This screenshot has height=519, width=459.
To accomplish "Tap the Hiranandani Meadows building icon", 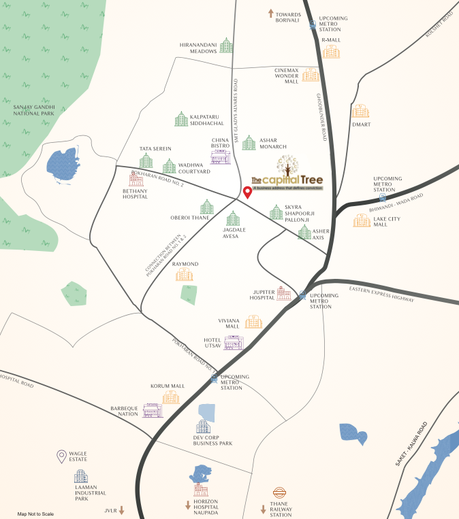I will [226, 46].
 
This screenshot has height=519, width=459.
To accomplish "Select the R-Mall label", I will [331, 40].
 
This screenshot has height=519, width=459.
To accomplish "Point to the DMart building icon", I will [360, 111].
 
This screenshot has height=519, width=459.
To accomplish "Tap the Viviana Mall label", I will [229, 322].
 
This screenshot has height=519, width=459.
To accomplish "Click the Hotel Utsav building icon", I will [234, 342].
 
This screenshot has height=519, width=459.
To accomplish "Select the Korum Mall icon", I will [171, 397].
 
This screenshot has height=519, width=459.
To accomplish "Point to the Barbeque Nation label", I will [125, 412].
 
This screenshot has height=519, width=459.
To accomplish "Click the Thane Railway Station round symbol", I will [279, 493].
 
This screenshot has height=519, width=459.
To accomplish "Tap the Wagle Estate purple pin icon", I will [61, 456].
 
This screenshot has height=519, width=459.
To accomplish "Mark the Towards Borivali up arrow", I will [270, 13].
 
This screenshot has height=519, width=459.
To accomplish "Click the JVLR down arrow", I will [122, 509].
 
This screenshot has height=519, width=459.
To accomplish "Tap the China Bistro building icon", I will [220, 156].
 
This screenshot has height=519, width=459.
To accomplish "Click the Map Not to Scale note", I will [35, 514].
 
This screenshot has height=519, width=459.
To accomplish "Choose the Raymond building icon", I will [185, 274].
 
